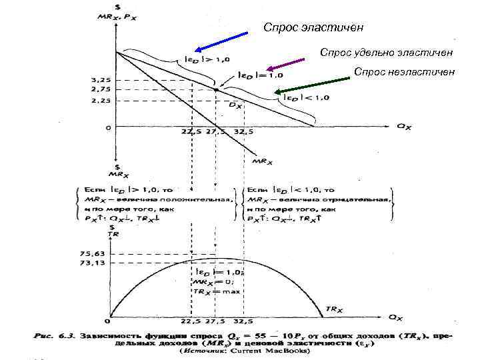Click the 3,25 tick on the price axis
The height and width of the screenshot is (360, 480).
tap(101, 80)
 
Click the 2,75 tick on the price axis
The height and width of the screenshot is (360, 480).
tap(101, 89)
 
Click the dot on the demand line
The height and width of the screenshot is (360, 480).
tap(215, 89)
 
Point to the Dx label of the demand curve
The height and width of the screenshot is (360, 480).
tap(235, 105)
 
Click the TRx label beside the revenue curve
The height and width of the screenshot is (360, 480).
tap(333, 309)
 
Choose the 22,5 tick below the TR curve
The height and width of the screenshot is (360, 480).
tap(191, 321)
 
